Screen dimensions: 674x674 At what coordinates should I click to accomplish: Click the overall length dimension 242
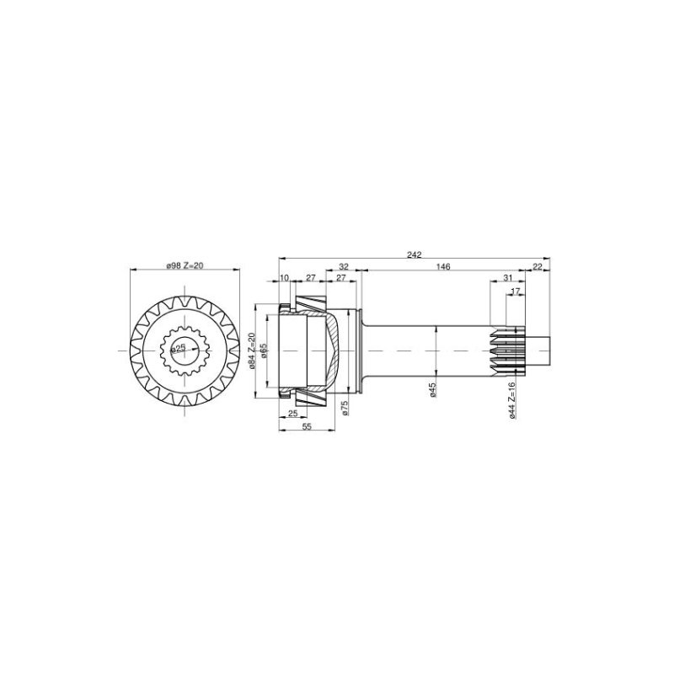(x=414, y=254)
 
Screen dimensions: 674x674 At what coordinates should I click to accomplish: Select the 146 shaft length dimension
(x=444, y=266)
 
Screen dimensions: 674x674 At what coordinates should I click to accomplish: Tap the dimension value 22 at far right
(x=538, y=266)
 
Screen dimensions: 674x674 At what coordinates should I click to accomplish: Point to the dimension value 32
(x=343, y=266)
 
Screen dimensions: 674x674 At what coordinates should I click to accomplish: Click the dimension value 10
(x=284, y=277)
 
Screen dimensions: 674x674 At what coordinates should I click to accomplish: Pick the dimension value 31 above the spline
(x=507, y=278)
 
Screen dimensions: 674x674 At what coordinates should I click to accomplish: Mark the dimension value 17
(x=516, y=292)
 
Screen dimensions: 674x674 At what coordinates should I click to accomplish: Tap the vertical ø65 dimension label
(x=264, y=350)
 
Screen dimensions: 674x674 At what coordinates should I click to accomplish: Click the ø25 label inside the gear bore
(x=179, y=347)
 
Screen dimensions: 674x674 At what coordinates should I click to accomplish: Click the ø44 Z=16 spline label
(x=512, y=399)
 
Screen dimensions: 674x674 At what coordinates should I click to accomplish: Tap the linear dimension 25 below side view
(x=292, y=414)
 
